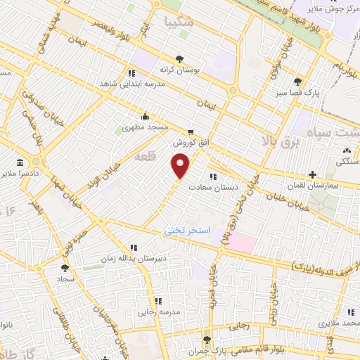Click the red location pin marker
(x=181, y=166)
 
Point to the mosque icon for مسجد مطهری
(x=145, y=116)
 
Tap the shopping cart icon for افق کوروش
(x=190, y=131)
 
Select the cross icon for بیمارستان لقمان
(x=311, y=174)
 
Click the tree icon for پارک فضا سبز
(x=298, y=81)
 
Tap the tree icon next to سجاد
(x=65, y=267)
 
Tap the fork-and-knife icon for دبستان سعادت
(x=213, y=176)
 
